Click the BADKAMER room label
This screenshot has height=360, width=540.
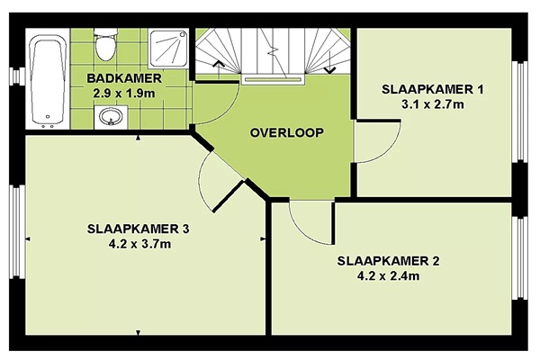click(x=124, y=78)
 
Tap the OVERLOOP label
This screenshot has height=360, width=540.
click(x=287, y=132)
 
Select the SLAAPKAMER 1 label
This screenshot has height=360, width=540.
click(x=433, y=90)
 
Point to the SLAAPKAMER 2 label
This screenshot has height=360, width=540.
click(x=388, y=261)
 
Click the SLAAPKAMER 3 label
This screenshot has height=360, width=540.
click(x=138, y=229)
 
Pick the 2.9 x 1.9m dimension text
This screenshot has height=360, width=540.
click(x=124, y=93)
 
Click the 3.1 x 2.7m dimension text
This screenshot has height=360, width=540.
click(x=433, y=104)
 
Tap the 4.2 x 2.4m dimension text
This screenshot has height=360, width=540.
click(x=388, y=276)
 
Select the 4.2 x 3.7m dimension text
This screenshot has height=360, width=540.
click(x=139, y=244)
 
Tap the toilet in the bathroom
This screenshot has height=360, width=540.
click(x=105, y=46)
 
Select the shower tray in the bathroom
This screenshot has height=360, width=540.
click(x=169, y=49)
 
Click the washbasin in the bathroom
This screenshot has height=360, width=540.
click(x=111, y=117)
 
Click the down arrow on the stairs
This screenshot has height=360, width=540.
click(x=330, y=63)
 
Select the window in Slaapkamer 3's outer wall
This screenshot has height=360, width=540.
click(x=16, y=231)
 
